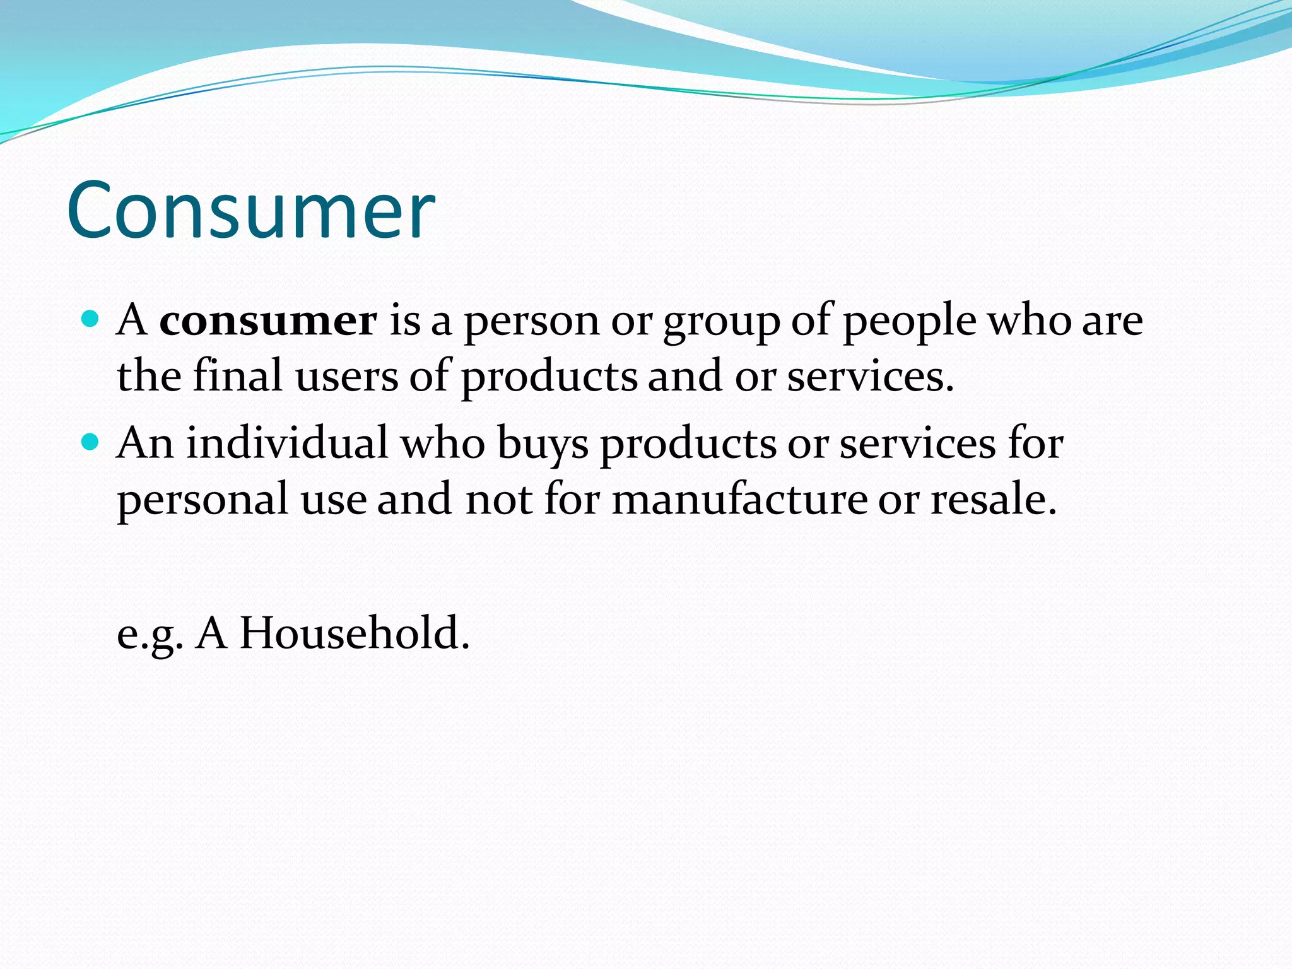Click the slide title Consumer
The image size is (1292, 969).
pos(250,210)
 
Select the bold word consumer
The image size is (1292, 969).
pos(268,320)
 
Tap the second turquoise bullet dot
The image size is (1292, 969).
pos(91,441)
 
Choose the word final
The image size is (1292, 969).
pos(237,376)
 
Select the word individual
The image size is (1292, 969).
pos(287,442)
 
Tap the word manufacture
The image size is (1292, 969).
pos(739,499)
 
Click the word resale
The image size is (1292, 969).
pos(993,499)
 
